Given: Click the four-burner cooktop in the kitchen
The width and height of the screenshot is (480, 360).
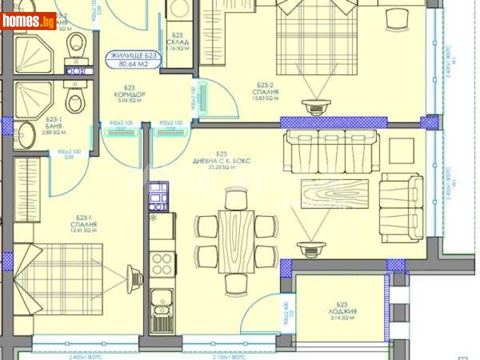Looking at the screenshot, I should (161, 262).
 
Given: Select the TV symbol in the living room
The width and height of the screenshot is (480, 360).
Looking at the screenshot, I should (310, 247).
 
